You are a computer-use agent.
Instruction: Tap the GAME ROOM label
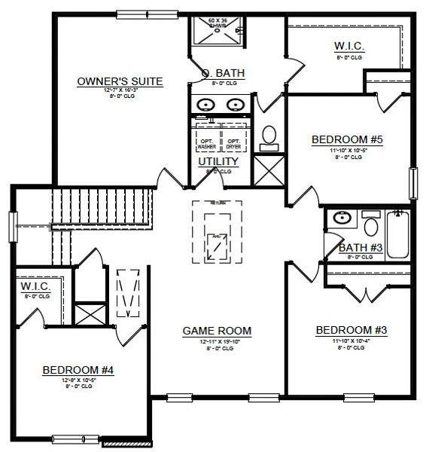217,330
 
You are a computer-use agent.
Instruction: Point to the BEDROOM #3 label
351,330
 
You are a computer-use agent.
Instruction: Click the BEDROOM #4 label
78,370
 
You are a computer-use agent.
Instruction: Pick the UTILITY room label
218,161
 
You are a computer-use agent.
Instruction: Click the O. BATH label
230,72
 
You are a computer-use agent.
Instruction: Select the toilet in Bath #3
370,224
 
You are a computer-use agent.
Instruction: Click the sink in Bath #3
341,219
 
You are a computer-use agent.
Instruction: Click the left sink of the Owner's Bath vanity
205,105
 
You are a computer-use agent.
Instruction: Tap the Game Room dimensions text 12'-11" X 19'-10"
217,341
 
